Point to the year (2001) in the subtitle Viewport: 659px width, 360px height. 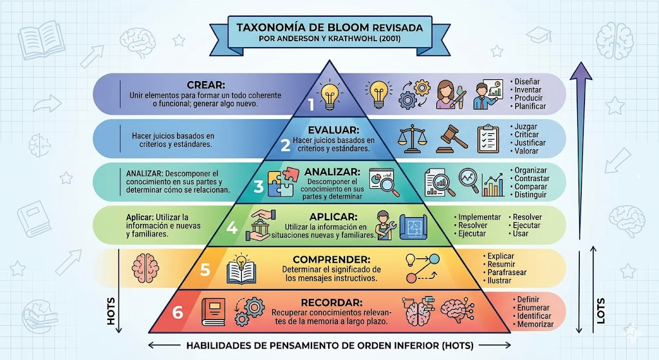pyautogui.click(x=389, y=39)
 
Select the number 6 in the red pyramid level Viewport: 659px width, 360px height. pyautogui.click(x=178, y=312)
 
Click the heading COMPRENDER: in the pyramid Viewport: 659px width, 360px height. pyautogui.click(x=331, y=260)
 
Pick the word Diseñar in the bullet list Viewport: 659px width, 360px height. pyautogui.click(x=527, y=82)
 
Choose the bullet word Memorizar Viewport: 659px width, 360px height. pyautogui.click(x=535, y=324)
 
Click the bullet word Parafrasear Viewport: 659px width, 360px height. pyautogui.click(x=507, y=272)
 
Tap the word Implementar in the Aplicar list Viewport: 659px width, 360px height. pyautogui.click(x=479, y=218)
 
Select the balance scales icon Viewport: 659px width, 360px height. pyautogui.click(x=411, y=138)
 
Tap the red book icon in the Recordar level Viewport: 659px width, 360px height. pyautogui.click(x=214, y=312)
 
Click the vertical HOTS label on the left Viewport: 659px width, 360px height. pyautogui.click(x=111, y=312)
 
